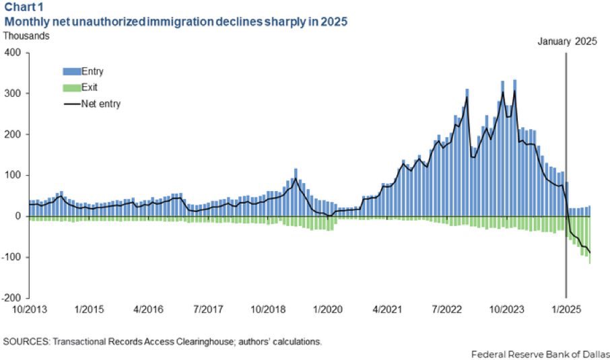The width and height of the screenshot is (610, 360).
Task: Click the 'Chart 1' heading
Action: tap(24, 7)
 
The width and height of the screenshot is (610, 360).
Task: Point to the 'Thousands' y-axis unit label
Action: tap(28, 36)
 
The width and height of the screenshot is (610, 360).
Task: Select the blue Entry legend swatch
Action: tap(71, 71)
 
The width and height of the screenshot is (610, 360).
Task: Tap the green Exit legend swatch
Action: tap(71, 87)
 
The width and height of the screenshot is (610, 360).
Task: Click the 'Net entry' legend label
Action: tap(101, 104)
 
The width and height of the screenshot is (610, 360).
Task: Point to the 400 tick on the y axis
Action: tap(14, 52)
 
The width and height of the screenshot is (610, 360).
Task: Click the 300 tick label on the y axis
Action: tap(14, 94)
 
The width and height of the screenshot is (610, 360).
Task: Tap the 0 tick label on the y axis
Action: tap(19, 216)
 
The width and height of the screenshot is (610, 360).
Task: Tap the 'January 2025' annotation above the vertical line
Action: tap(567, 41)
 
